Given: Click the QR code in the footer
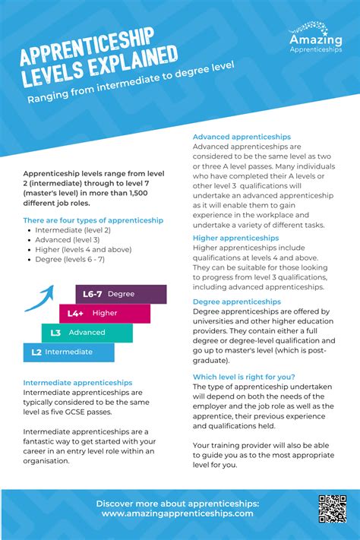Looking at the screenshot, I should [333, 508].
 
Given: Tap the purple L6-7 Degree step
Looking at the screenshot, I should [121, 294].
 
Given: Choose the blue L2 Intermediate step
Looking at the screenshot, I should [68, 352].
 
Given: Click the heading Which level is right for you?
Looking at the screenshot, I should [244, 377].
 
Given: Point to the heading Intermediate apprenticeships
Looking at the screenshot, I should [77, 382].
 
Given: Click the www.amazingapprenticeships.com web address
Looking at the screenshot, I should [177, 513].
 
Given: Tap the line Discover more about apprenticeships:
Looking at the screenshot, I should [177, 503].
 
